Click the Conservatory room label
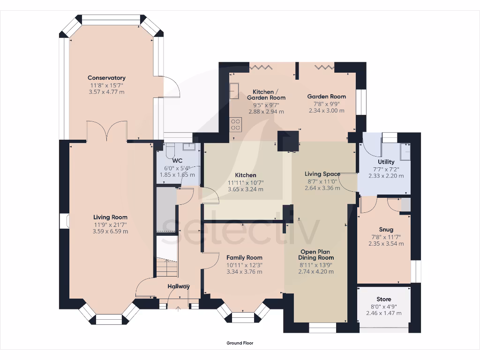106,78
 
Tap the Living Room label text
110,217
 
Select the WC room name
177,161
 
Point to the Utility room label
386,162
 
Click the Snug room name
386,229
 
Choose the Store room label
384,299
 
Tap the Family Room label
244,257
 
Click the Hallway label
179,286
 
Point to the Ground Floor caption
240,343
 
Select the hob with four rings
235,125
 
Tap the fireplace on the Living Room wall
64,221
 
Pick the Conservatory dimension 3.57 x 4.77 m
106,92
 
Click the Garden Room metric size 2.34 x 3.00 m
326,111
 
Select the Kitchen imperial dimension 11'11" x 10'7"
246,183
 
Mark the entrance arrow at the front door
178,309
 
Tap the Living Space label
322,174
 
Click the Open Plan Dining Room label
315,255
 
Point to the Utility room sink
406,152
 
